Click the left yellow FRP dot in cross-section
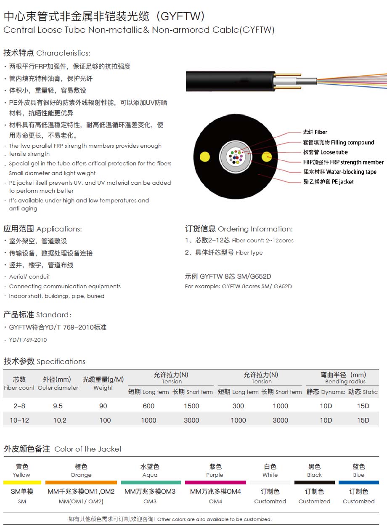(x=204, y=157)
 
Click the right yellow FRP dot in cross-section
(x=266, y=157)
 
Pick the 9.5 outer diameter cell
(x=58, y=406)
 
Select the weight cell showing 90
(x=103, y=406)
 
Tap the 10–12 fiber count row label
(x=19, y=420)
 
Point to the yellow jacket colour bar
(x=22, y=482)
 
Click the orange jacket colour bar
(x=81, y=482)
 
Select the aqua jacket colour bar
(x=151, y=482)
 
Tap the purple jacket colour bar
(x=215, y=482)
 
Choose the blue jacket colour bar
(x=358, y=482)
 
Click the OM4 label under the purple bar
(x=215, y=501)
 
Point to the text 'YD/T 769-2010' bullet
(x=28, y=340)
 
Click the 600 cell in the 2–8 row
(x=148, y=406)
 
